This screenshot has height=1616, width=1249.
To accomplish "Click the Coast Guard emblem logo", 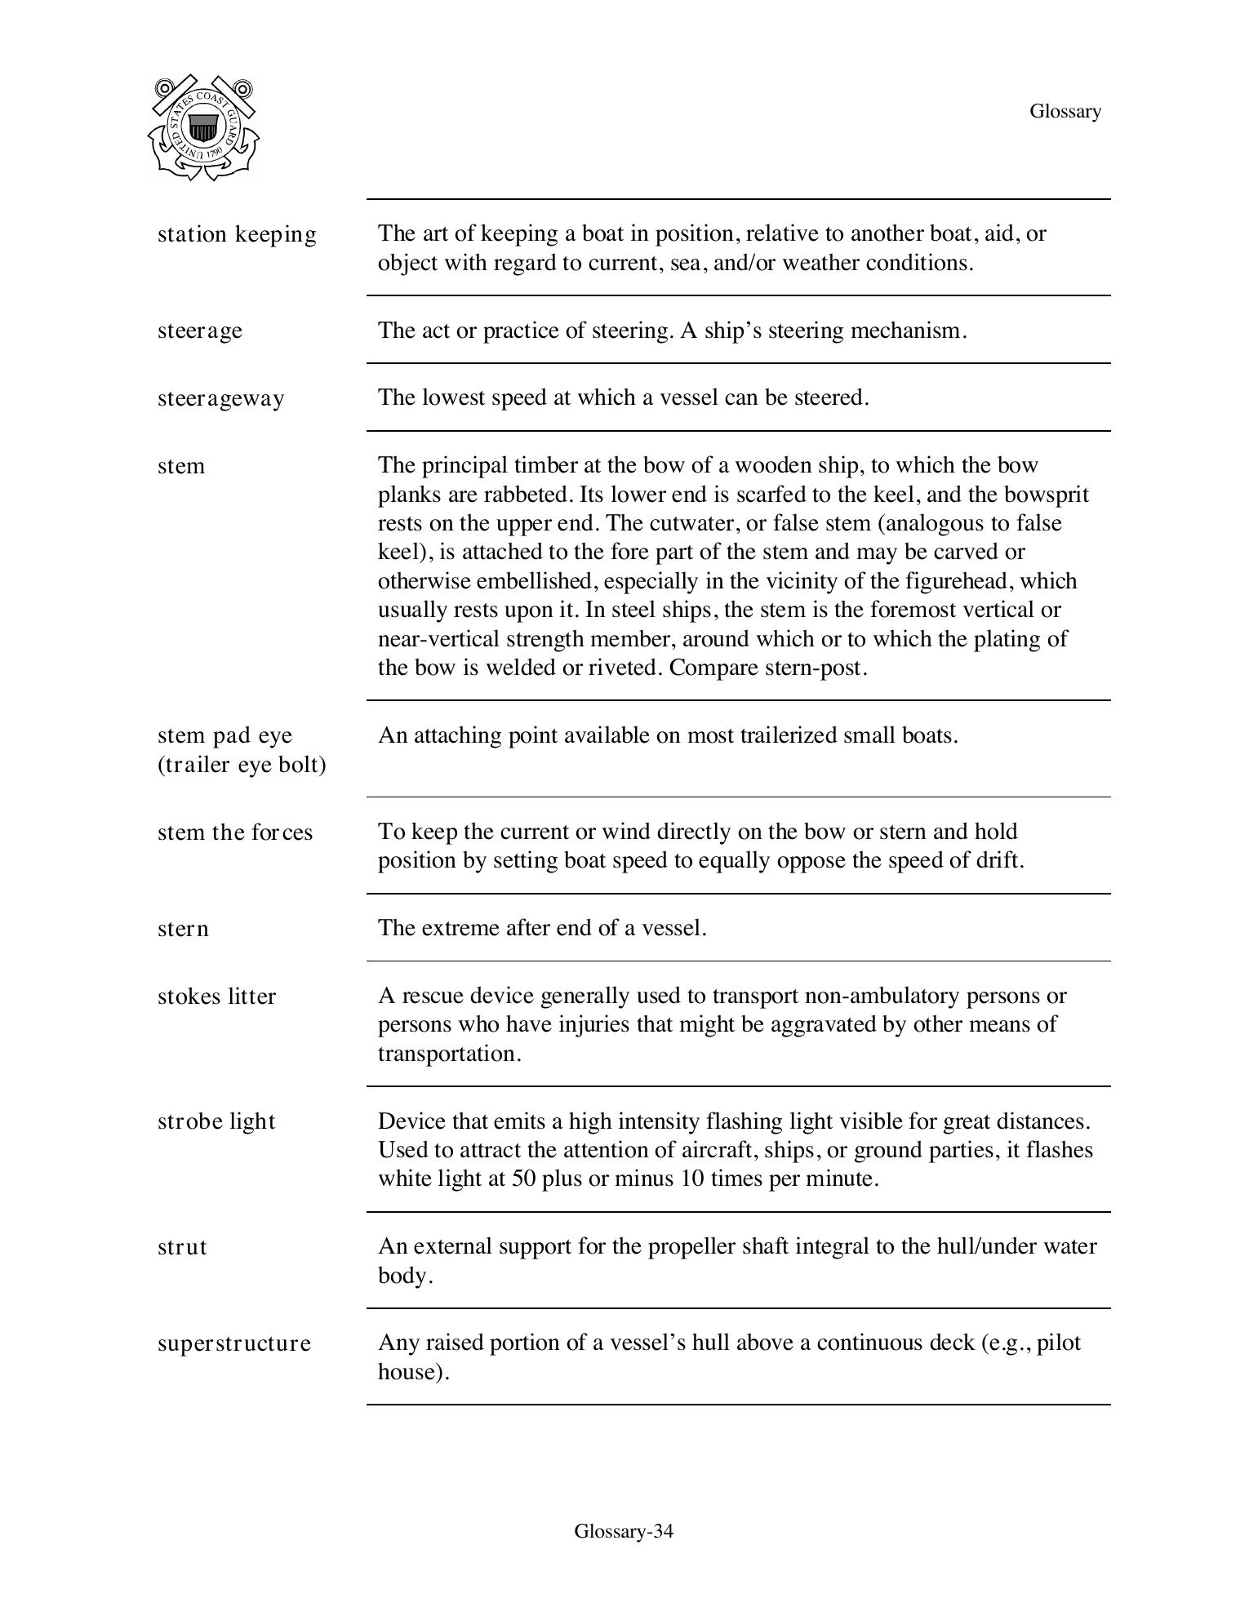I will click(203, 128).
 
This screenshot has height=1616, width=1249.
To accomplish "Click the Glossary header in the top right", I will click(1065, 112).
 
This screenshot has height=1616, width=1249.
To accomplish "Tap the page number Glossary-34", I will click(624, 1531).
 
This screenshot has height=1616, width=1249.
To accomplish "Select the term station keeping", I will click(237, 235).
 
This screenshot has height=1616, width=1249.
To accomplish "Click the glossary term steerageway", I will click(220, 399).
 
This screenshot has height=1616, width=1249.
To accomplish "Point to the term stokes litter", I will click(216, 997).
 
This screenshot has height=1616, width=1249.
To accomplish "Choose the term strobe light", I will click(216, 1121).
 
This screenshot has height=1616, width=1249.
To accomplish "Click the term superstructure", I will click(233, 1343).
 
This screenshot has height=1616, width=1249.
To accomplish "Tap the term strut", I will click(182, 1247).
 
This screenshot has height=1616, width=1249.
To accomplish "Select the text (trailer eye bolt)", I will click(242, 766).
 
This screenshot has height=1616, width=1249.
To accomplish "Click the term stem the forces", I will click(234, 832).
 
